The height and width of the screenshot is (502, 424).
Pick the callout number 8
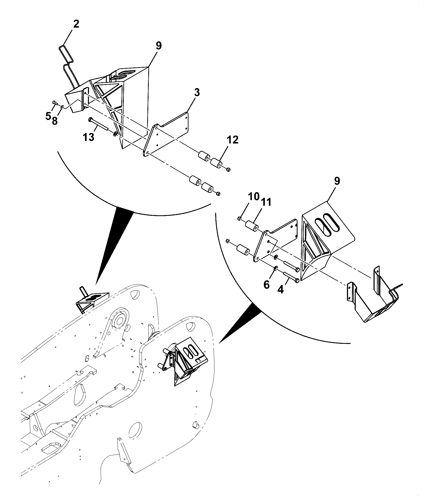pos(54,121)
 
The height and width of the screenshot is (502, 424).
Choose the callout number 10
pos(254,196)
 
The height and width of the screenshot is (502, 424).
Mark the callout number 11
pos(266,202)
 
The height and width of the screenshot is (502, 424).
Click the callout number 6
pos(266,285)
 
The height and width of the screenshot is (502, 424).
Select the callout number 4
pos(281,289)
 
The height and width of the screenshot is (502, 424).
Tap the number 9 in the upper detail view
pos(158,46)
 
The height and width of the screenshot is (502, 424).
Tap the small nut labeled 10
pos(239,218)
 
